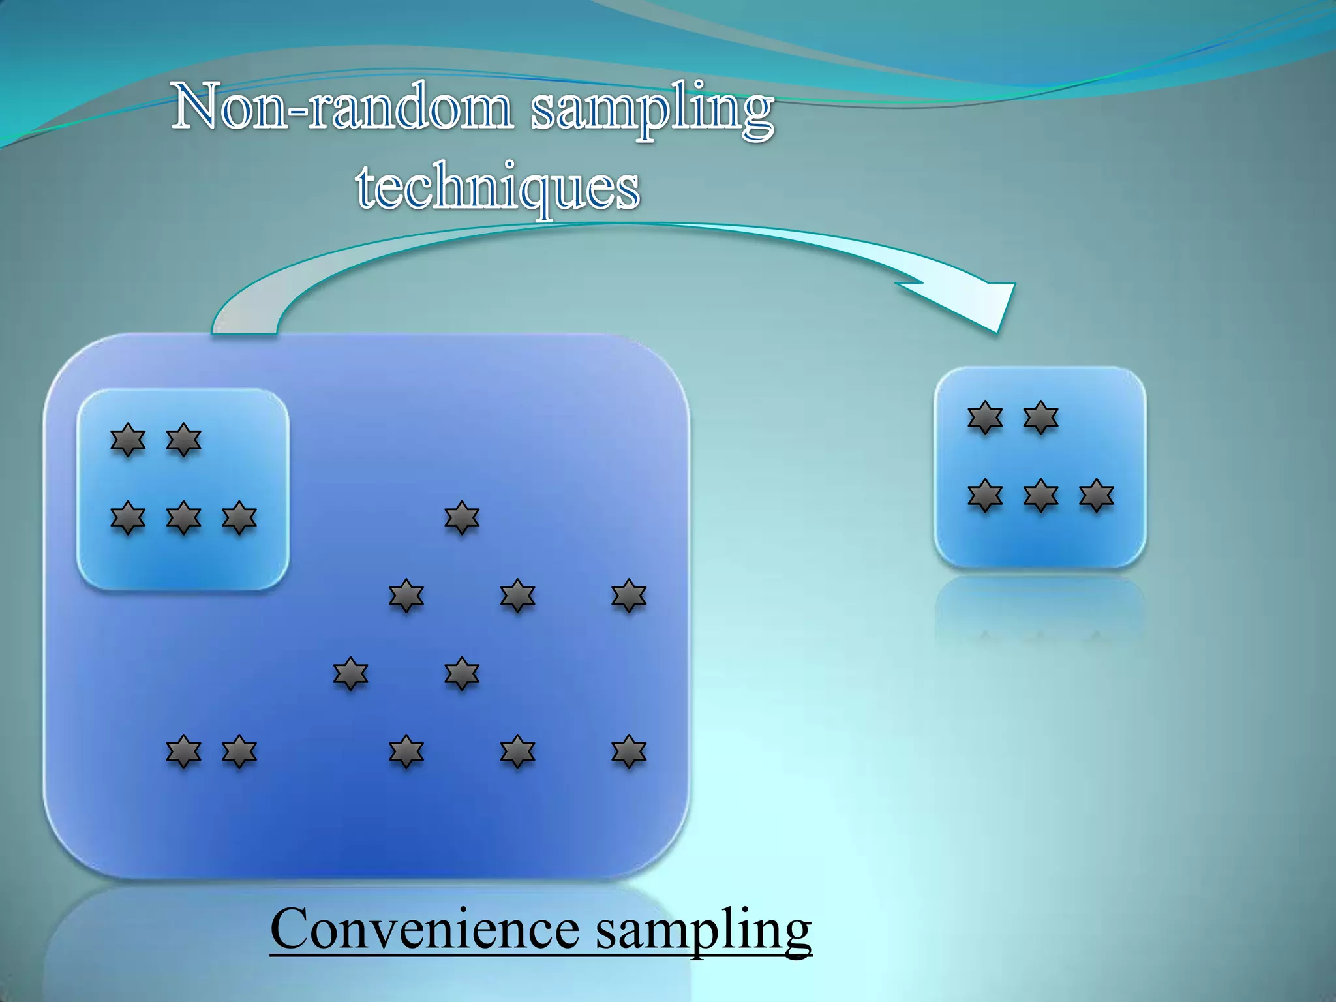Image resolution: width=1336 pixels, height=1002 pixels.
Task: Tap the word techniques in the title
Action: pyautogui.click(x=498, y=188)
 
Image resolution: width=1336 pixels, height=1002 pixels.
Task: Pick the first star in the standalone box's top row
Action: pyautogui.click(x=985, y=417)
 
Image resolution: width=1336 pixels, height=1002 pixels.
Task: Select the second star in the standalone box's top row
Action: pyautogui.click(x=1040, y=417)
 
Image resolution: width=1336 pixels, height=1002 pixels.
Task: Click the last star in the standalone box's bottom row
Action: pyautogui.click(x=1096, y=496)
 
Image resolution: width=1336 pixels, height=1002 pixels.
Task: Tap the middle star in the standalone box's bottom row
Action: pyautogui.click(x=1040, y=496)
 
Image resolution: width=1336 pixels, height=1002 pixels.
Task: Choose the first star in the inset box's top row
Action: pyautogui.click(x=128, y=440)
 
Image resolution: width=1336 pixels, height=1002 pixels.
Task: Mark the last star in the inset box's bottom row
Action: pyautogui.click(x=239, y=518)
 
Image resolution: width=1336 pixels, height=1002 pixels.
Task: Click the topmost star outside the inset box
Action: pyautogui.click(x=462, y=518)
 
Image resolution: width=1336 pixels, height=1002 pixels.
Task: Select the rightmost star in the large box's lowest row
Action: pyautogui.click(x=629, y=751)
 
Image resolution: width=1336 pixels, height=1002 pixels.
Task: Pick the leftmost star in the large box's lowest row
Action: pyautogui.click(x=184, y=751)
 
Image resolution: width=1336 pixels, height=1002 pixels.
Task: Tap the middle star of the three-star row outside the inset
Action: pyautogui.click(x=517, y=596)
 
